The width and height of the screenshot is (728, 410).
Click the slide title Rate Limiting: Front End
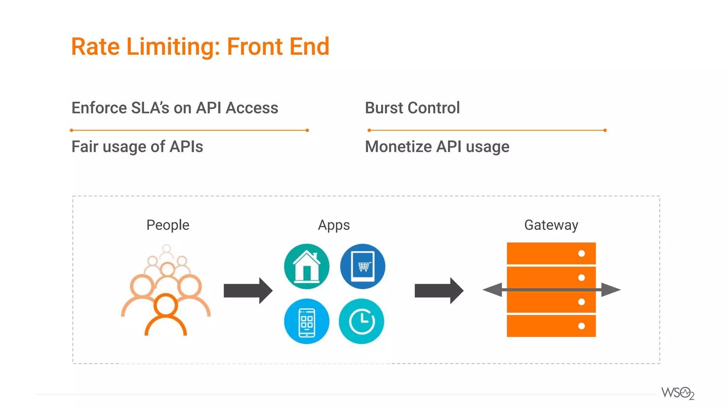coord(200,47)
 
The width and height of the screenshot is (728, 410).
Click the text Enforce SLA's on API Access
coord(175,108)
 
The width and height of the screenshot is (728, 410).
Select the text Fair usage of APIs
coord(137,147)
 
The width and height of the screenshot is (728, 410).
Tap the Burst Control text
coord(412,108)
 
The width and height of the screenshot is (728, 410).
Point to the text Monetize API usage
coord(437,147)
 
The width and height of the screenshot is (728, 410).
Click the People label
coord(168,225)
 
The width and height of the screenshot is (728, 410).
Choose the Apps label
coord(334,225)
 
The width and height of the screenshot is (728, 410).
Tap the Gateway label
coord(551,225)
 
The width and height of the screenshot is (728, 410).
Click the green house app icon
coord(307,266)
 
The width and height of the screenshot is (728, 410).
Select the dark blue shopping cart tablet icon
coord(363,266)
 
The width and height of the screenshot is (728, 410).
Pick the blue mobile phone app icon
coord(307,321)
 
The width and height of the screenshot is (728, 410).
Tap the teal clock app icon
coord(362,321)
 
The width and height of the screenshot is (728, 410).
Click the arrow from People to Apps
coord(248,290)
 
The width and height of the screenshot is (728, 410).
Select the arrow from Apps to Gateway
coord(439,290)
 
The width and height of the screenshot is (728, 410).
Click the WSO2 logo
coord(678,393)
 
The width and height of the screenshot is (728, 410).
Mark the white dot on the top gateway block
coord(582,253)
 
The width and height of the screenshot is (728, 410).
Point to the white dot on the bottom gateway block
coord(582,326)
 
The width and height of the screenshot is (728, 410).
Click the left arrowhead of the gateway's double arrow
coord(493,290)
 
